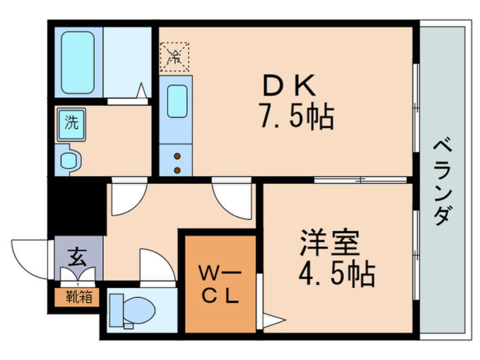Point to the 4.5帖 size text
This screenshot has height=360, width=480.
[x=336, y=276]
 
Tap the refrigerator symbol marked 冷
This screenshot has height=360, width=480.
[x=175, y=56]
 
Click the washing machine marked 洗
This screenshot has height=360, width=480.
[x=71, y=123]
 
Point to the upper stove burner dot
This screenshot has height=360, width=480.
[x=177, y=157]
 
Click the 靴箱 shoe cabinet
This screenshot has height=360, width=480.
[x=76, y=295]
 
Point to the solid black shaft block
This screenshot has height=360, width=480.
[x=76, y=204]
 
